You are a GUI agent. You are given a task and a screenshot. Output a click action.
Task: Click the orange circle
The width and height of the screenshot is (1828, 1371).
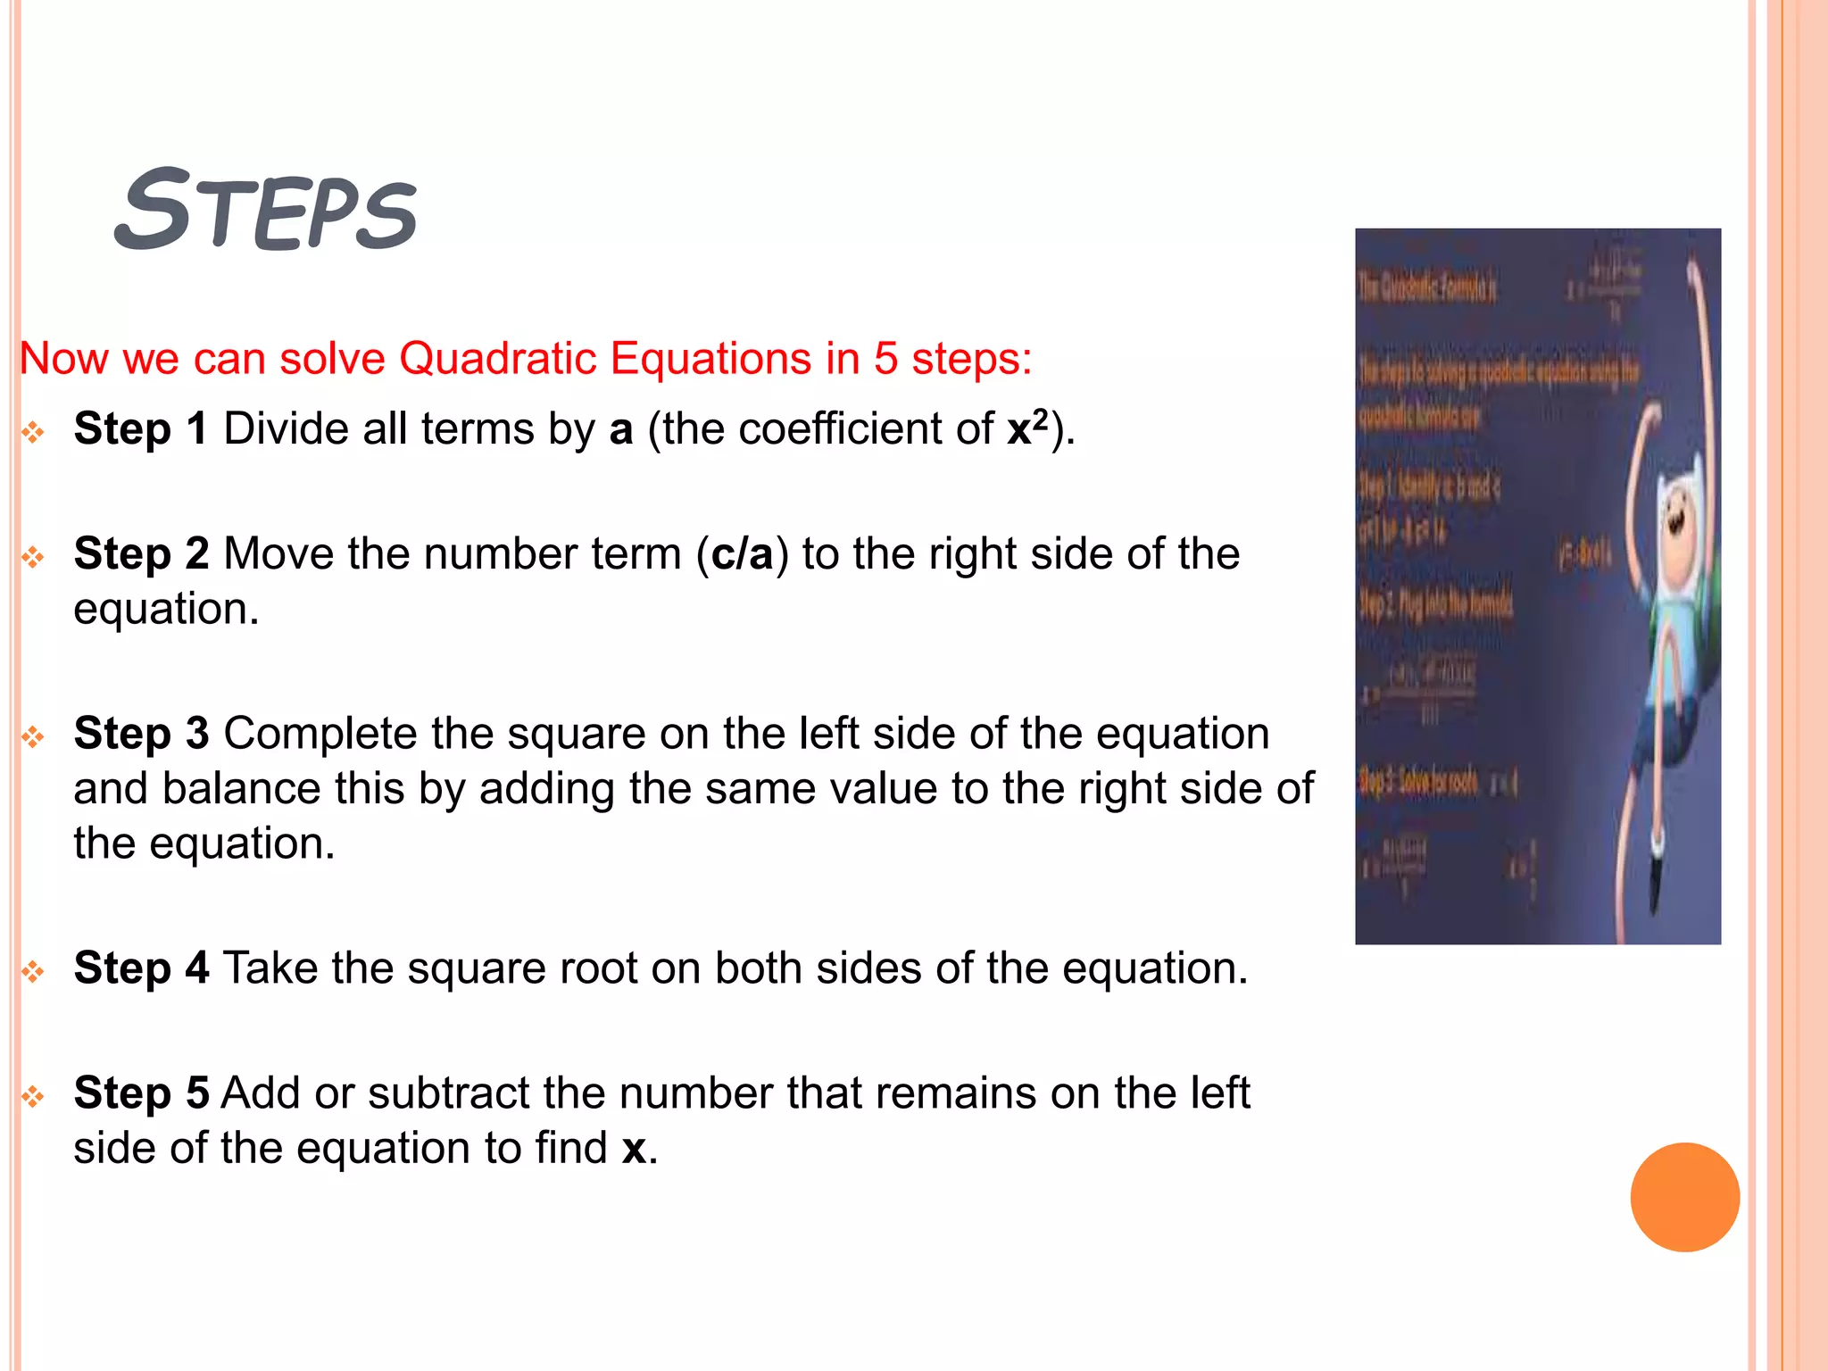pos(1684,1197)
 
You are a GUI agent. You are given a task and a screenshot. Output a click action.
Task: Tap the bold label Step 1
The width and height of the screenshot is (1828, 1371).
pos(141,428)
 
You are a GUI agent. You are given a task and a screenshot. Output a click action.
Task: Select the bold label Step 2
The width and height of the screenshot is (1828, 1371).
pos(141,553)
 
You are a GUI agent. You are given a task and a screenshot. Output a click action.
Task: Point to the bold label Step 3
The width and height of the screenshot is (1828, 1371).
pos(141,734)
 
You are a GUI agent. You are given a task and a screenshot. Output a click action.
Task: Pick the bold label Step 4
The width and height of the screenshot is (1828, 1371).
pos(141,968)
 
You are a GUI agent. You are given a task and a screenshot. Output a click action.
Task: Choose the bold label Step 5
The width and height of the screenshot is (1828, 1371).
pos(141,1093)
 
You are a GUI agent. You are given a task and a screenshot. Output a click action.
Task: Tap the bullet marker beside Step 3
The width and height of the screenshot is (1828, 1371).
pos(33,737)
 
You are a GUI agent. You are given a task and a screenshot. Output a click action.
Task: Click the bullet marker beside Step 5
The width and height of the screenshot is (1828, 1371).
pos(33,1096)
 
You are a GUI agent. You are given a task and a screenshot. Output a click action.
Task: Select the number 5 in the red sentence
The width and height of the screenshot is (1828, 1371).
pos(885,359)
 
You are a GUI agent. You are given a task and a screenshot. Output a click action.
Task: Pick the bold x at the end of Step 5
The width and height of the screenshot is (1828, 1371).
pos(634,1148)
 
